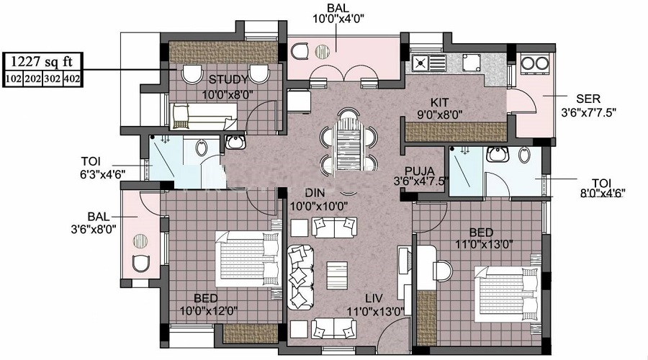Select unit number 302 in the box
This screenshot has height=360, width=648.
click(53, 78)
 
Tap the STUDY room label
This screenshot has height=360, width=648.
click(228, 79)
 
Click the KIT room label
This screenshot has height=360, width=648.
click(440, 102)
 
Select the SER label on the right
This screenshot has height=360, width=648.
click(588, 99)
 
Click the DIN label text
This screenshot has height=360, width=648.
click(314, 193)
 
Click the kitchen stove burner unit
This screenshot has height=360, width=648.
click(421, 63)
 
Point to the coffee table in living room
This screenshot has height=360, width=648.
click(336, 274)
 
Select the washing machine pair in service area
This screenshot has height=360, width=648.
click(535, 64)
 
